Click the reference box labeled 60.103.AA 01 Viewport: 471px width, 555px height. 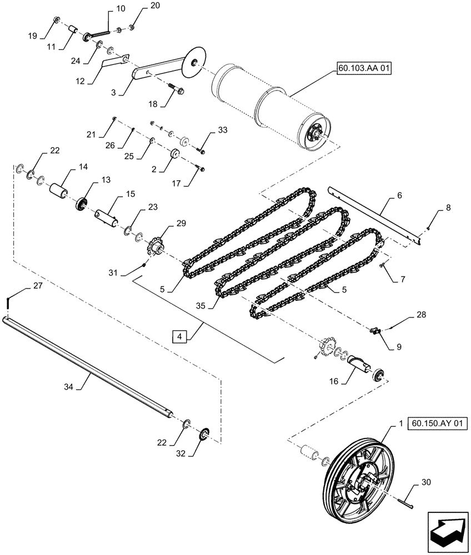(363, 69)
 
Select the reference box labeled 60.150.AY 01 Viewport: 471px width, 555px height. (438, 424)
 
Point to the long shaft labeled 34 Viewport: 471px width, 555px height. (89, 364)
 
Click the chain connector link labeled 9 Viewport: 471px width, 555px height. (377, 331)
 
